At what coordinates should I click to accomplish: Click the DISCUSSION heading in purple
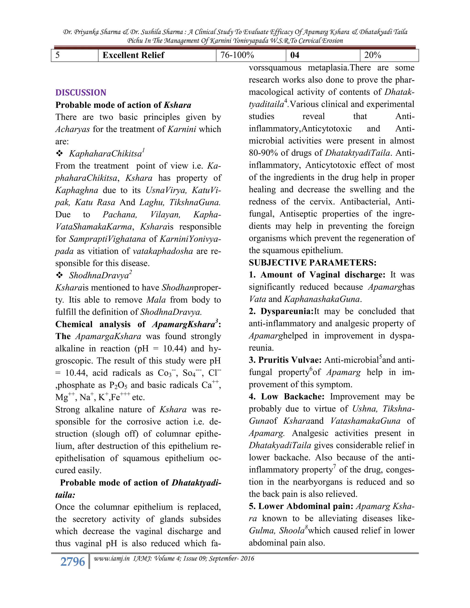coord(81,92)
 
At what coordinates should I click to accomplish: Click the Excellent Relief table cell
coord(133,55)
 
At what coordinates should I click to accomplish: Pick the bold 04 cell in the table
coord(295,55)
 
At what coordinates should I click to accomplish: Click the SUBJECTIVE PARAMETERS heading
coord(312,262)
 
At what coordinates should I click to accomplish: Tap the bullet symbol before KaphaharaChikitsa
coord(59,153)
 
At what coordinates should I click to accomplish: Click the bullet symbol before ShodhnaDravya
coord(59,275)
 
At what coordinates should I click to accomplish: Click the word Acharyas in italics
coord(72,129)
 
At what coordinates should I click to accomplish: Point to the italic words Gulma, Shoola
coord(277,531)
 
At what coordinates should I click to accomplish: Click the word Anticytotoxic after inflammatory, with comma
coord(327,129)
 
